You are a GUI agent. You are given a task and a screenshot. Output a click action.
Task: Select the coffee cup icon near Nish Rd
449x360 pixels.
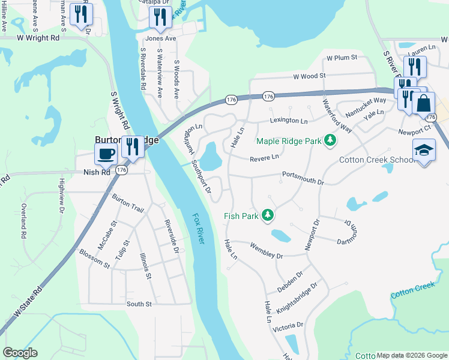[106, 154]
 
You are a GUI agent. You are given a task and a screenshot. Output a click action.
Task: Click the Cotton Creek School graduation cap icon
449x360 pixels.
[424, 150]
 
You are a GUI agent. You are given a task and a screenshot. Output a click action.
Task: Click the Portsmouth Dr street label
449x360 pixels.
[303, 179]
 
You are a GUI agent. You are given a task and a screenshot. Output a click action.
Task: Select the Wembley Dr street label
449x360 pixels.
[266, 251]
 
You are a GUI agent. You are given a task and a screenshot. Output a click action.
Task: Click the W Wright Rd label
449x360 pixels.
[38, 37]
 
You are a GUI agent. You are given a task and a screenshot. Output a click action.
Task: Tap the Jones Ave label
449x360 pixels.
[161, 38]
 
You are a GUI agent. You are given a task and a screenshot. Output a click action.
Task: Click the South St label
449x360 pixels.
[139, 304]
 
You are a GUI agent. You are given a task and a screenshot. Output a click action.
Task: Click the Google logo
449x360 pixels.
[20, 353]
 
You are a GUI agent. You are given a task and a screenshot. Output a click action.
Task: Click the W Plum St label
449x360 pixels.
[342, 58]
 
